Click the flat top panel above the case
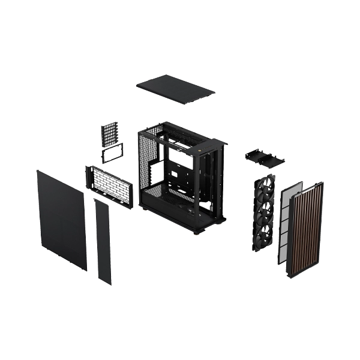click(x=174, y=88)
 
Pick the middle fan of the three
click(x=265, y=214)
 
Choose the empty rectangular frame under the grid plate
click(x=112, y=152)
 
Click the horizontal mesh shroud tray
click(x=110, y=187)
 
